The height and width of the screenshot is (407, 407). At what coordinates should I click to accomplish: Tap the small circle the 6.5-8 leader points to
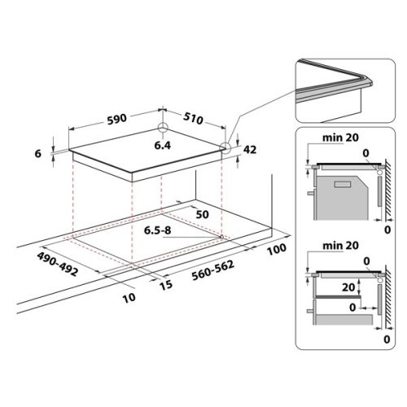(221, 237)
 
